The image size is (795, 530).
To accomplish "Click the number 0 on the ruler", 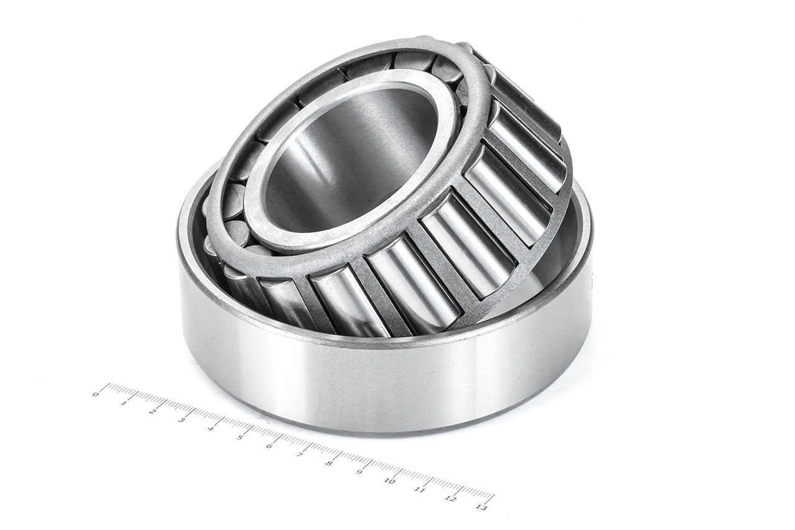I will pyautogui.click(x=96, y=394).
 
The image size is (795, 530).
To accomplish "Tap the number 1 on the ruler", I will pyautogui.click(x=124, y=403).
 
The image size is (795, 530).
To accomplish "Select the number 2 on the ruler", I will pyautogui.click(x=152, y=411).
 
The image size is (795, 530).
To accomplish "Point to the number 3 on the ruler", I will pyautogui.click(x=181, y=420).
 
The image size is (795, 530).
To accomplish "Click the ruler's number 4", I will pyautogui.click(x=211, y=428).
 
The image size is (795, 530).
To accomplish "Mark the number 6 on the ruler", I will pyautogui.click(x=269, y=445).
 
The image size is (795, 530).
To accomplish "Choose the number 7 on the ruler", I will pyautogui.click(x=299, y=454).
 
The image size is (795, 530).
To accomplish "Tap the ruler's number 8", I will pyautogui.click(x=329, y=463).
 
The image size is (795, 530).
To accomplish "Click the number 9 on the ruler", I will pyautogui.click(x=359, y=472).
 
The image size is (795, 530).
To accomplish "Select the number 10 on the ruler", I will pyautogui.click(x=389, y=480).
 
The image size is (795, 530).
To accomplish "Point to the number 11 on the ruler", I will pyautogui.click(x=420, y=490).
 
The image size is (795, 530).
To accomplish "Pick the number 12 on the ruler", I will pyautogui.click(x=450, y=498).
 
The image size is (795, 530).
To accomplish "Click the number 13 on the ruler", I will pyautogui.click(x=481, y=507).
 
